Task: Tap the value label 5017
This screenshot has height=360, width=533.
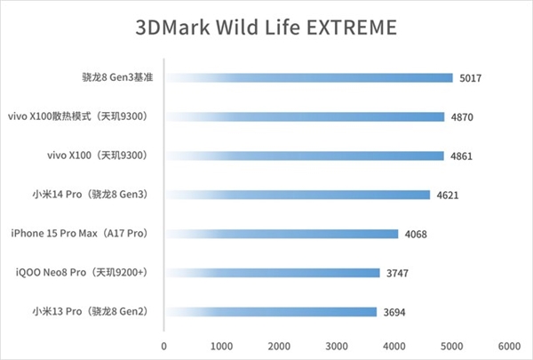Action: pos(471,78)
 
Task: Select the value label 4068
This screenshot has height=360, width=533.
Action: pos(416,235)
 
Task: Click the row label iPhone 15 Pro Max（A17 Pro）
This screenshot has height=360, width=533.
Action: pos(77,234)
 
